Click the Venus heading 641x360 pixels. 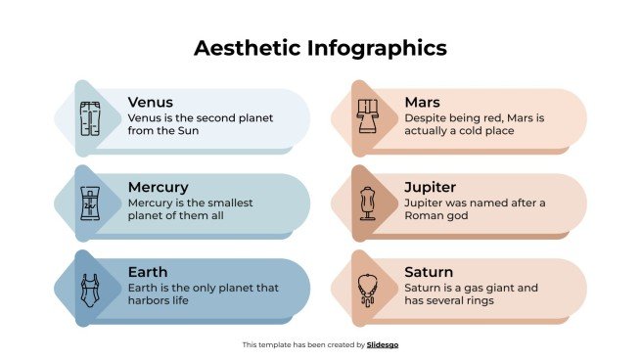point(151,102)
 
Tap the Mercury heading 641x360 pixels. point(158,187)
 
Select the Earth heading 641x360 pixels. point(148,272)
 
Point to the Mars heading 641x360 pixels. point(423,102)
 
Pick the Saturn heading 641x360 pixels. point(429,272)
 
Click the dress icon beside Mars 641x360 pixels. point(368,118)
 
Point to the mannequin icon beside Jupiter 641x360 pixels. point(368,203)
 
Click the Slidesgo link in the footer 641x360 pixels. point(383,344)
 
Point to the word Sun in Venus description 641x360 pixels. point(192,131)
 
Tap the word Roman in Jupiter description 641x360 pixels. point(423,216)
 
